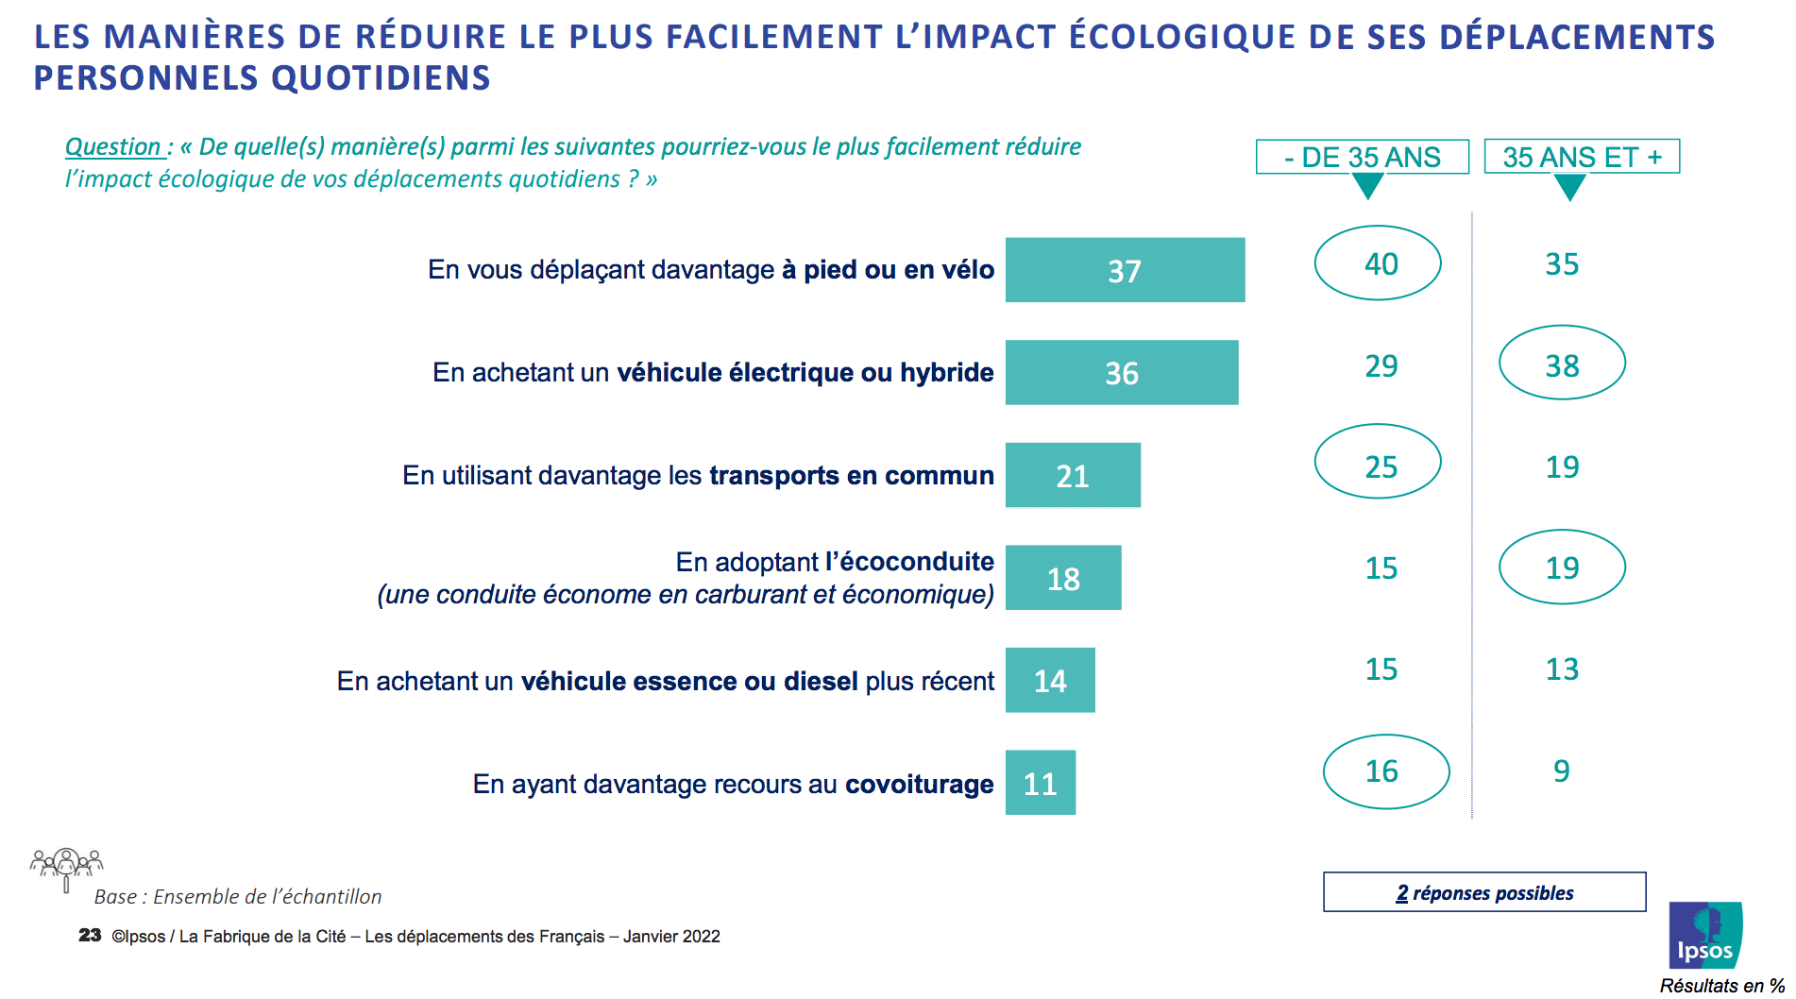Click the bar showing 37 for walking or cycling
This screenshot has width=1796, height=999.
coord(1125,270)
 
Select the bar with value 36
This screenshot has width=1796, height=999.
coord(1122,373)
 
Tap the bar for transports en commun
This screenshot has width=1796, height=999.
coord(1073,475)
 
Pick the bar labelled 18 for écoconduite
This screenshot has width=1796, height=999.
coord(1063,578)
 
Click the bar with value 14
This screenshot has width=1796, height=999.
coord(1050,680)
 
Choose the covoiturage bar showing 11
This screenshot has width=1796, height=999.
coord(1040,783)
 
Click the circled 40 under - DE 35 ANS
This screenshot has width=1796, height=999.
coord(1378,263)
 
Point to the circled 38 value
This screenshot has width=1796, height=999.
coord(1562,364)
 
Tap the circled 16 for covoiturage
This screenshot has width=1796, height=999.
coord(1385,771)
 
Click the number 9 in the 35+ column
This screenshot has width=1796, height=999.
coord(1562,771)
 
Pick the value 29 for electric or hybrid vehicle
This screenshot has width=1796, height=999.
coord(1381,366)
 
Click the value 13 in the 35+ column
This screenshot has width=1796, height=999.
coord(1562,669)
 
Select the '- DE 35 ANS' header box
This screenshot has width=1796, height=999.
coord(1362,157)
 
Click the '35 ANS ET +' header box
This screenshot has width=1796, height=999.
coord(1582,157)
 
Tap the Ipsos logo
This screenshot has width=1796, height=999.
coord(1705,935)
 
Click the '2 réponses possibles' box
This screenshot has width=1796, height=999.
coord(1484,892)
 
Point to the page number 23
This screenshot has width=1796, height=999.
coord(90,936)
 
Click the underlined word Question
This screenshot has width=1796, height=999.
coord(113,147)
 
